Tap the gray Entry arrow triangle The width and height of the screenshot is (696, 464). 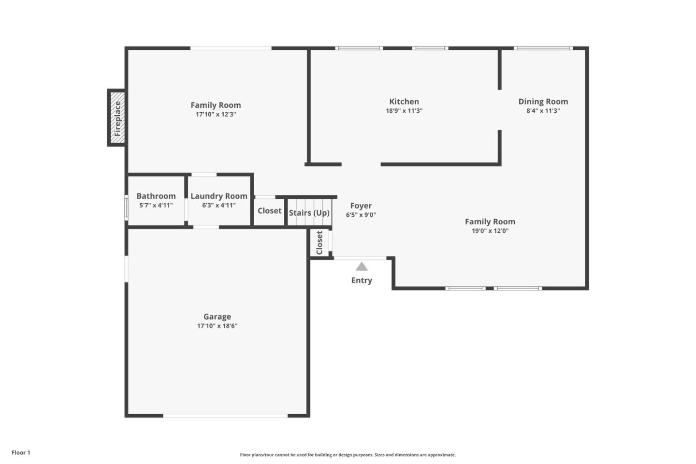[x=362, y=267]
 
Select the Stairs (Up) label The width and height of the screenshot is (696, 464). [x=309, y=213]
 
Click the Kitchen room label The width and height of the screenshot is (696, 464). [x=404, y=102]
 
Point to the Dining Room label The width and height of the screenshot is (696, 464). [x=543, y=102]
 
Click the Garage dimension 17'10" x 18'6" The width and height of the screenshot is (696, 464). [x=217, y=326]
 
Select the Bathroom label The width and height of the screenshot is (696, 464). [x=156, y=196]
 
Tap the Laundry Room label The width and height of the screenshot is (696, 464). [x=218, y=196]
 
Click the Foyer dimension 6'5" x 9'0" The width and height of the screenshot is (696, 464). [x=361, y=215]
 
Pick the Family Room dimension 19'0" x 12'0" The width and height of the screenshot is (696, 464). [x=490, y=231]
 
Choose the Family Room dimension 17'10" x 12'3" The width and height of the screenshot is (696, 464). [x=216, y=115]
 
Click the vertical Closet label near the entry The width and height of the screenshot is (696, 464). [x=319, y=242]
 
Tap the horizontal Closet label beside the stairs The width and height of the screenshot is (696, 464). [x=269, y=211]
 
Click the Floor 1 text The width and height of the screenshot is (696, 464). [x=21, y=453]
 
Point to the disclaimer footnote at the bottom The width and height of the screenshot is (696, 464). [x=348, y=455]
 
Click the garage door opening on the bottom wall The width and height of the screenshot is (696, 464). [x=225, y=415]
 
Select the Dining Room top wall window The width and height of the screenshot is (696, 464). [x=543, y=48]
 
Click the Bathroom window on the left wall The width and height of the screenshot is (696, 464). [x=126, y=208]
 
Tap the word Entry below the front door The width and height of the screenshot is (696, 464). [x=362, y=281]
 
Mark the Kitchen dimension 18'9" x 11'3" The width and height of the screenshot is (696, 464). [x=404, y=111]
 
